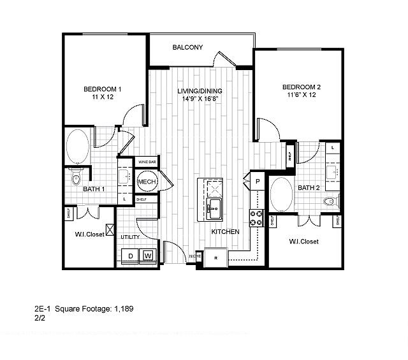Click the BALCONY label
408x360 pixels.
click(187, 47)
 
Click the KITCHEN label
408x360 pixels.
click(225, 231)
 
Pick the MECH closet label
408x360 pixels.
click(147, 182)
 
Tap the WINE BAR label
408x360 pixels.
click(147, 162)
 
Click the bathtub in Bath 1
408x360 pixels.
click(78, 146)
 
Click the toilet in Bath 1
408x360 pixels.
click(76, 175)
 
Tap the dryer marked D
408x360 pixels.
click(130, 256)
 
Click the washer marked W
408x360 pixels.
click(148, 256)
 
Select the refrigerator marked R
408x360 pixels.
click(216, 257)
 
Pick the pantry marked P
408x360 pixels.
click(258, 181)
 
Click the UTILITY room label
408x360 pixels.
click(130, 237)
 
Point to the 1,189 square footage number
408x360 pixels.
click(124, 309)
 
